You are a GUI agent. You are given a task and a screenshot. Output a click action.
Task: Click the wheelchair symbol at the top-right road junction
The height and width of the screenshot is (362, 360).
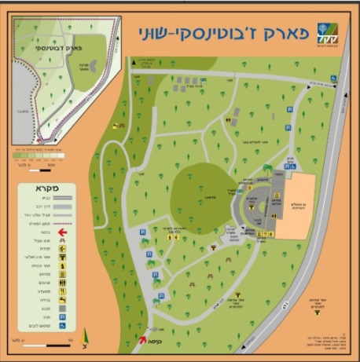click(x=334, y=77)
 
